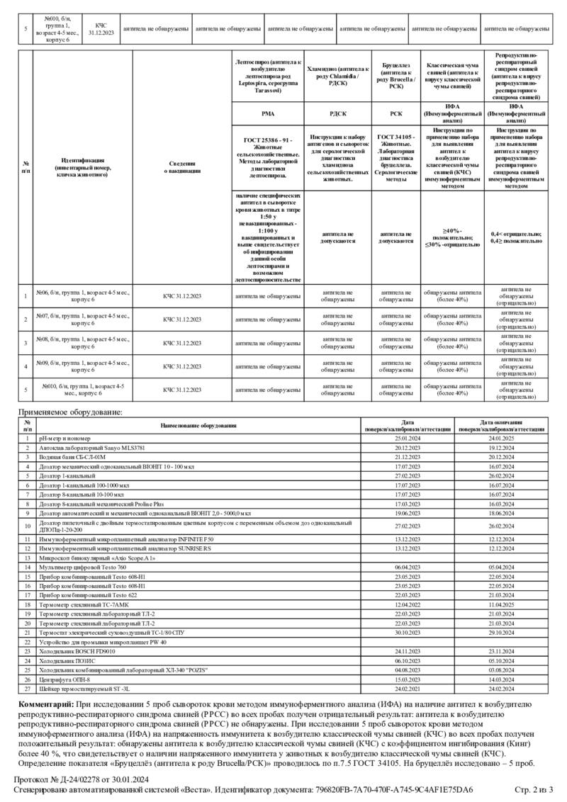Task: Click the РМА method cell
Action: (268, 113)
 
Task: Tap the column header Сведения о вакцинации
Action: (182, 166)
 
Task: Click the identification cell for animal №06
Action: (83, 296)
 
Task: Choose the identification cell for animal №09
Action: (83, 366)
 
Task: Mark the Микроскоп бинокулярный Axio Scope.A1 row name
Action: (97, 558)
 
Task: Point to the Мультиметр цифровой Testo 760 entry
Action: (83, 567)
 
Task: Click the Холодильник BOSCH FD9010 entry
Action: (77, 650)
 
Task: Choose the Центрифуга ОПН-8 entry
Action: (64, 678)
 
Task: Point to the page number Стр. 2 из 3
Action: (533, 789)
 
